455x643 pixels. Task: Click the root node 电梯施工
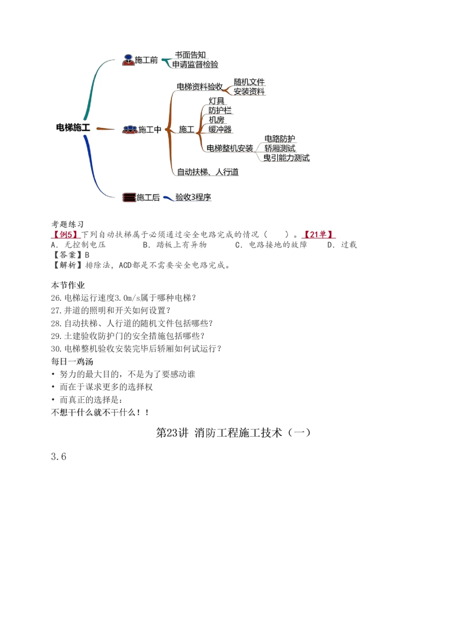click(73, 128)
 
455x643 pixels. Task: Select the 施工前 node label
click(146, 60)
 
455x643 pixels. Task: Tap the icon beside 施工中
click(129, 130)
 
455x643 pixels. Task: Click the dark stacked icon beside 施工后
click(129, 197)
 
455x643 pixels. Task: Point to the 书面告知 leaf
click(190, 55)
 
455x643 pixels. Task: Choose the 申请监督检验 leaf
click(195, 65)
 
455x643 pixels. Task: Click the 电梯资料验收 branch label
click(199, 86)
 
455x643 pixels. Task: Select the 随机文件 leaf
click(249, 82)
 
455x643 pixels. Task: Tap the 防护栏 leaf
click(220, 110)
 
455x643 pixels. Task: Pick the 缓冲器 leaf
click(220, 130)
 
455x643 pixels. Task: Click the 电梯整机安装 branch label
click(230, 148)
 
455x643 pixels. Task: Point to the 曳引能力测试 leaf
click(287, 158)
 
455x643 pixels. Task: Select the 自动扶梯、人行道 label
click(207, 172)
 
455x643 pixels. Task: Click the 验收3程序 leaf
click(193, 197)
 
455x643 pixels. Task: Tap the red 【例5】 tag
click(66, 234)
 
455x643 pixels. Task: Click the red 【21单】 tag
click(318, 234)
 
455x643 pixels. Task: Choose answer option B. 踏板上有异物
click(175, 245)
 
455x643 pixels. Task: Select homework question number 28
click(132, 324)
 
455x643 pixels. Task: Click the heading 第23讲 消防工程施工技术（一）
click(233, 433)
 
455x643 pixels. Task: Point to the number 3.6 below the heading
click(59, 457)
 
